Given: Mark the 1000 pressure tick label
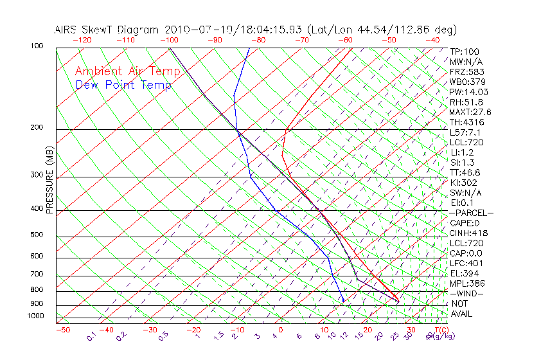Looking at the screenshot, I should [x=36, y=316].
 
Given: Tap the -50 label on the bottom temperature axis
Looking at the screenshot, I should [x=62, y=330].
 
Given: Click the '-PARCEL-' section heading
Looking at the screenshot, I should [x=472, y=213].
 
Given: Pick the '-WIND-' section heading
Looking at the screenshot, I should [x=466, y=293].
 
